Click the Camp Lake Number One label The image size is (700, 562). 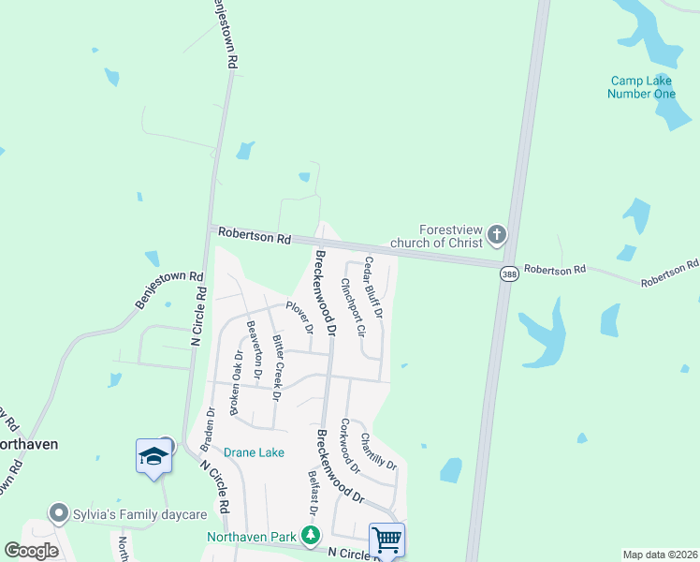(641, 87)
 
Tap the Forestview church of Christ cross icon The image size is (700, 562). (496, 234)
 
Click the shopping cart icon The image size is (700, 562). (386, 539)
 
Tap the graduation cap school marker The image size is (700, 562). (153, 456)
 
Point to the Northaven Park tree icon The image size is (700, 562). (310, 537)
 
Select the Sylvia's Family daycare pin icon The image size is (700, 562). (60, 513)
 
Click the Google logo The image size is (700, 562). (31, 551)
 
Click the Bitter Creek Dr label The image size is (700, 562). (276, 368)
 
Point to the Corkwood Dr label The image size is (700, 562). (350, 446)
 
